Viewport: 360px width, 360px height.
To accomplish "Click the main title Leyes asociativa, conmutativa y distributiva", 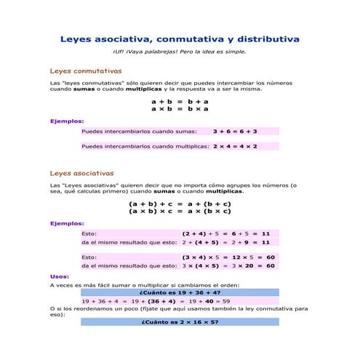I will [x=179, y=39].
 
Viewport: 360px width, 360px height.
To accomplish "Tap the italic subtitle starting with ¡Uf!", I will [x=179, y=52].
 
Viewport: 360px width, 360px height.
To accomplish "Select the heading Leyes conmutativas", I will [x=85, y=71].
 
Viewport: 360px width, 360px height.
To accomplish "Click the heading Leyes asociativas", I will [x=81, y=173].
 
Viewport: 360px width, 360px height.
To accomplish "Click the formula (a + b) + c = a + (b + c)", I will [x=179, y=204].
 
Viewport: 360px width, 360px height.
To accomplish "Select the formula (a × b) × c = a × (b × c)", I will [x=179, y=212].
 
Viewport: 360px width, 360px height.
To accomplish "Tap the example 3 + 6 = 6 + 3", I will [x=235, y=132].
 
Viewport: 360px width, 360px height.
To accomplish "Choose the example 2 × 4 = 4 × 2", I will [x=235, y=146].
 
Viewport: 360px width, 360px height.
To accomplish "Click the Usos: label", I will [x=60, y=276].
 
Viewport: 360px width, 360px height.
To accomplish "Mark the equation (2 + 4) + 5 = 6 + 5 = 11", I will [x=225, y=233].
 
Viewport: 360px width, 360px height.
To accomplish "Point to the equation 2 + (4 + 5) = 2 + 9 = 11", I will [x=225, y=242].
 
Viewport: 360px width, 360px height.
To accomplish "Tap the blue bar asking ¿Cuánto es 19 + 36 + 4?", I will [x=179, y=292].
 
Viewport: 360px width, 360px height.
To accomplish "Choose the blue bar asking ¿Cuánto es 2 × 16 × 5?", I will [x=179, y=321].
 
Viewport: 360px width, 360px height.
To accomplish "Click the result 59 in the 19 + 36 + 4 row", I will [x=226, y=300].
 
